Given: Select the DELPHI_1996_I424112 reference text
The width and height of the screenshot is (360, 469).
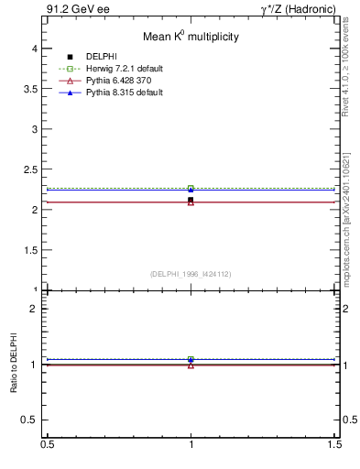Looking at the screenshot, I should (x=191, y=273).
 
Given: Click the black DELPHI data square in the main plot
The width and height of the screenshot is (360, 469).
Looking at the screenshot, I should (x=191, y=200).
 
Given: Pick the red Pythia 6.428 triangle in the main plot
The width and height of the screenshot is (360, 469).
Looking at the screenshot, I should (x=191, y=202).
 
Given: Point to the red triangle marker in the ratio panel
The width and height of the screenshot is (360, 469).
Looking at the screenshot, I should (x=191, y=365).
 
